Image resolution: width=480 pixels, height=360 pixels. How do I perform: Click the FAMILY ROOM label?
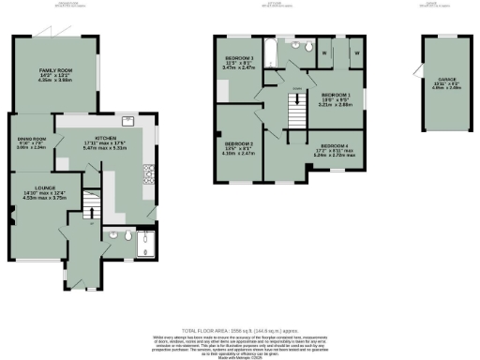click(55, 70)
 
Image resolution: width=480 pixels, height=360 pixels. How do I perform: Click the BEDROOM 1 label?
click(337, 96)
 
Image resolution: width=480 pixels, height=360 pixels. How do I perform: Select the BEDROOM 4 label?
click(335, 146)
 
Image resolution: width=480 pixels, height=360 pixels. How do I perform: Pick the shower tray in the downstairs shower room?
click(145, 246)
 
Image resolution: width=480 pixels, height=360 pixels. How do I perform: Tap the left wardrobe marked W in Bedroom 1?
click(325, 53)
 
